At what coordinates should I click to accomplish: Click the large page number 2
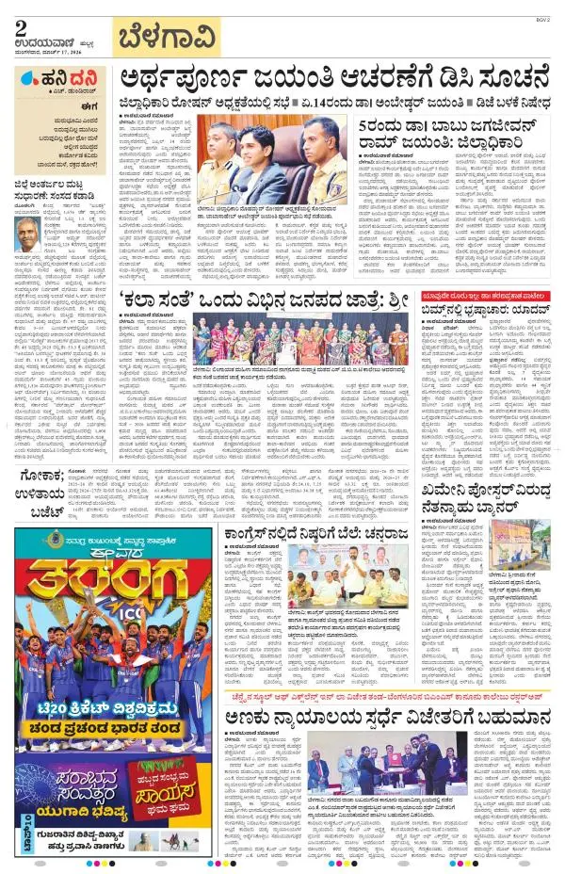click(x=21, y=29)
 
